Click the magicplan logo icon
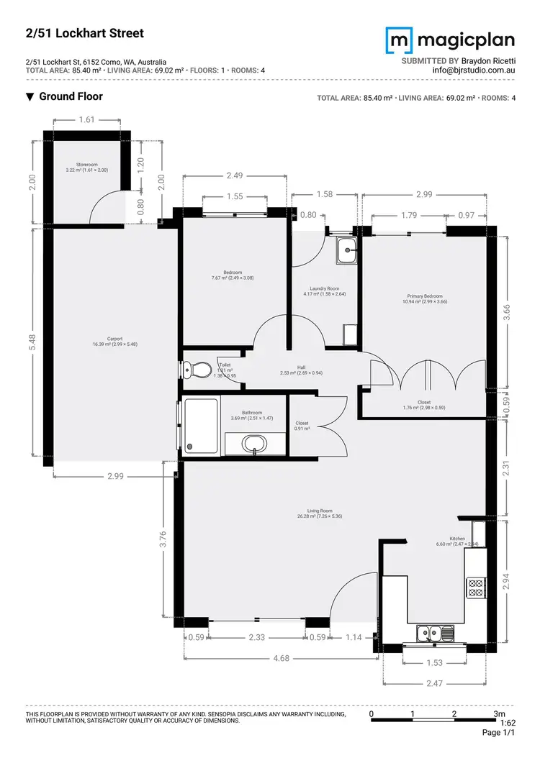click(x=400, y=40)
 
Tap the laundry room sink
click(x=348, y=251)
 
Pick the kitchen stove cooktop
click(x=476, y=588)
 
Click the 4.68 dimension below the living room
click(x=280, y=657)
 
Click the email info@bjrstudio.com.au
click(x=473, y=70)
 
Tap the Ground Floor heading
click(x=70, y=96)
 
